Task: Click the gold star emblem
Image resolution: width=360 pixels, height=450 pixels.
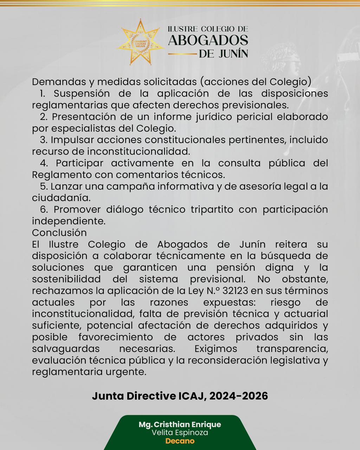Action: [141, 42]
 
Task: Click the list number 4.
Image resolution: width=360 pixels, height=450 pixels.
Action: [44, 163]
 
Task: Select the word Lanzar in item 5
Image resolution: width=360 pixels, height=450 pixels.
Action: [66, 186]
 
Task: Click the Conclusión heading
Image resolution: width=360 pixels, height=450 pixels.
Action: [59, 233]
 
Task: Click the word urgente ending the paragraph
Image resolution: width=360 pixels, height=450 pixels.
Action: [128, 372]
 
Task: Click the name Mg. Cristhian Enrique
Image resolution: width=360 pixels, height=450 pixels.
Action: [180, 424]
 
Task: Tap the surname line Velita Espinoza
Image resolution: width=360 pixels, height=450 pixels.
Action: [180, 433]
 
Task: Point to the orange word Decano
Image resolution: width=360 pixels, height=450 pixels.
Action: [180, 441]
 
